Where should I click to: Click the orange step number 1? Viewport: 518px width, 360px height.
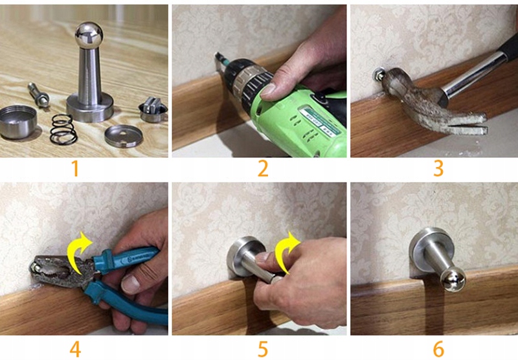coord(75,168)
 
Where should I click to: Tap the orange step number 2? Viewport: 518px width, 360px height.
coord(263,168)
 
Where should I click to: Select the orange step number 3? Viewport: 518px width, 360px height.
coord(438,168)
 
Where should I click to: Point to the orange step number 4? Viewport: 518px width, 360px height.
coord(75,349)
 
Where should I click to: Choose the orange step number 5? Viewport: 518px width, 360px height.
coord(263,349)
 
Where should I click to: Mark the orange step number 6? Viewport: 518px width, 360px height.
coord(438,349)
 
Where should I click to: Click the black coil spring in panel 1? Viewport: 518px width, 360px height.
coord(63,129)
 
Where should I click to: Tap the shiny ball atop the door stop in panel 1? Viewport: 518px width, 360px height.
coord(89,35)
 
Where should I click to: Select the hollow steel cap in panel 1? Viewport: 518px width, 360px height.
coord(18,122)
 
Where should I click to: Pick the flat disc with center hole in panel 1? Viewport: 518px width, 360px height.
coord(124,136)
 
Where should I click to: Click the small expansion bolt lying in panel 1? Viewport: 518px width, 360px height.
coord(39,95)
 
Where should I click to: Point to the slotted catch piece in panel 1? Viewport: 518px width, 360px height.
coord(153,109)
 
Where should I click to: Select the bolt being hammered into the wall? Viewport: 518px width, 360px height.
coord(379,74)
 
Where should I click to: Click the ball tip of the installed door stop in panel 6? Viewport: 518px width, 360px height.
coord(453,280)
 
